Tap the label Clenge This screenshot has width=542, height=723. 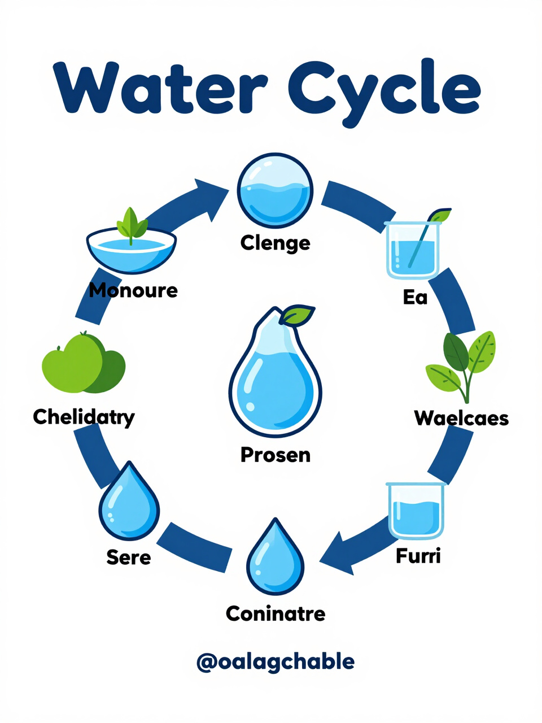pos(275,244)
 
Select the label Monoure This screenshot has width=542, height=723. pos(133,290)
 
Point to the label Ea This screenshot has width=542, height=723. pos(415,298)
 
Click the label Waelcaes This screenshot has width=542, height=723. pos(461,419)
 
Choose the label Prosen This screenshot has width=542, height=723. pos(276,455)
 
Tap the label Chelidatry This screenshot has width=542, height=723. pos(84,417)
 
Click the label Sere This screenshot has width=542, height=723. pos(129,558)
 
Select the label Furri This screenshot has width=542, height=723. pos(418,556)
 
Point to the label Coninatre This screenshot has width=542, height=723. pos(276,613)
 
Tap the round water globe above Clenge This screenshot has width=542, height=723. pos(275,190)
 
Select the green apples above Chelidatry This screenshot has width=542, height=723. pos(84,362)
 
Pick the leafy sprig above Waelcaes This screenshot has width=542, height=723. pos(461,367)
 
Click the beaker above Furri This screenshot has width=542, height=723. pos(416,511)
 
